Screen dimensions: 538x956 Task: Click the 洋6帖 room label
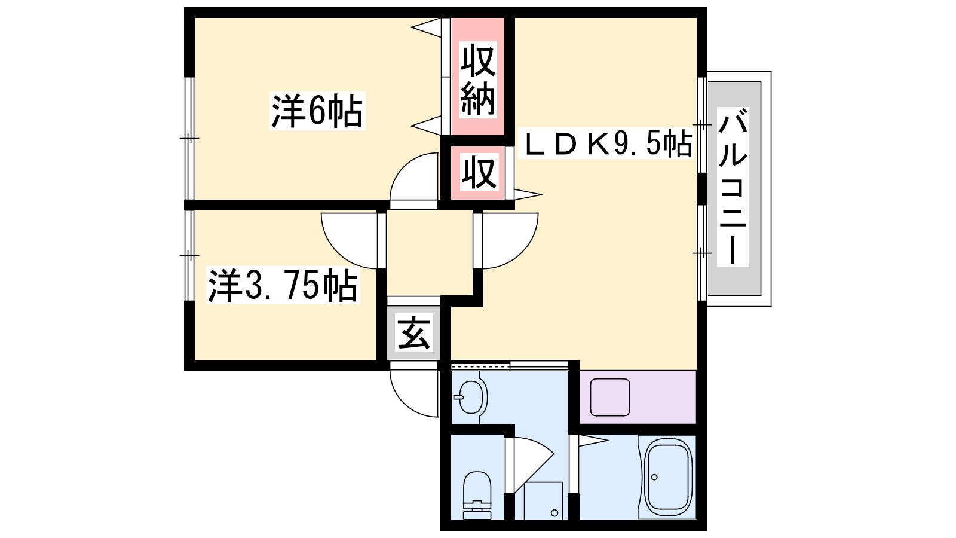point(317,111)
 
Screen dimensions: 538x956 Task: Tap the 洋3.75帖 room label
point(283,286)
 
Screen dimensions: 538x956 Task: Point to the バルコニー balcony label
point(733,187)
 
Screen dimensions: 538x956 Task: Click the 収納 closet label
point(478,80)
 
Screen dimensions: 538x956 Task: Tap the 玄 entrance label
point(414,334)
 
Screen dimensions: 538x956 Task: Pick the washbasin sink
point(471,396)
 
